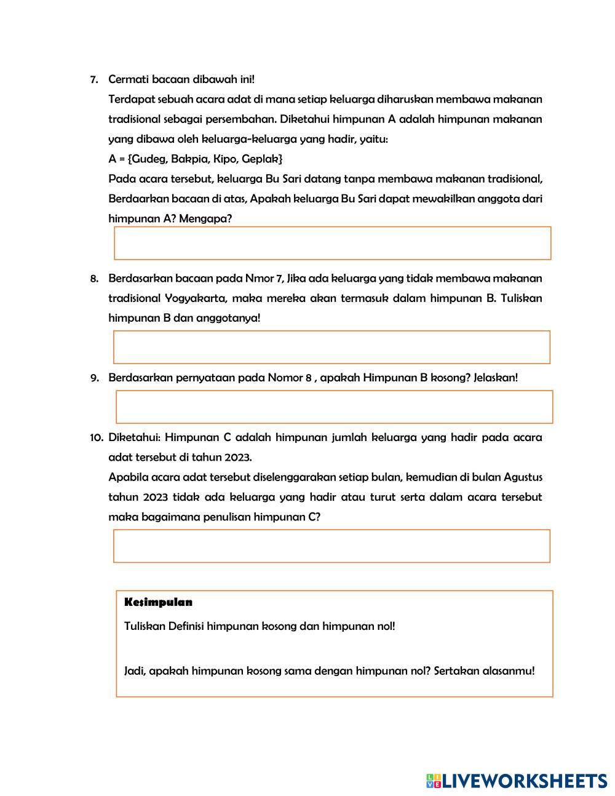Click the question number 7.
tap(94, 80)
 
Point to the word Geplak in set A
tap(263, 159)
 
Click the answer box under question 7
tap(332, 243)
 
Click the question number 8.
tap(94, 279)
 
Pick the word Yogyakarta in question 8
tap(196, 298)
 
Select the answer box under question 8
tap(331, 347)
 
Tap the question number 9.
tap(94, 378)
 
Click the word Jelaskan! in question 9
tap(496, 378)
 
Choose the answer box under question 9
tap(334, 407)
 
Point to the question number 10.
tap(96, 438)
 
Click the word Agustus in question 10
tap(523, 477)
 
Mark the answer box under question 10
tap(331, 546)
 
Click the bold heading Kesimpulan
tap(158, 602)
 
